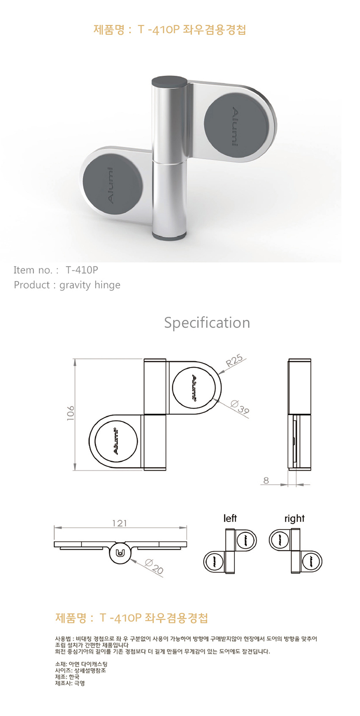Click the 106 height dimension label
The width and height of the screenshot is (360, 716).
tap(71, 413)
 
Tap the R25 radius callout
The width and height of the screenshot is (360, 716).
tap(234, 361)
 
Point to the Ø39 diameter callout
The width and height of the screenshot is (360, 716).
tap(239, 408)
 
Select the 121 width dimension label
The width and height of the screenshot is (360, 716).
tap(119, 523)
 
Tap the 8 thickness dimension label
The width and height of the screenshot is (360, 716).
tap(266, 480)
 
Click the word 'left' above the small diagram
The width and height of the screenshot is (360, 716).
tap(230, 518)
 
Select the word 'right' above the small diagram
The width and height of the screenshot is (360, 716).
tap(294, 518)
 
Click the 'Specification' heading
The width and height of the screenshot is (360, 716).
tap(207, 323)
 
